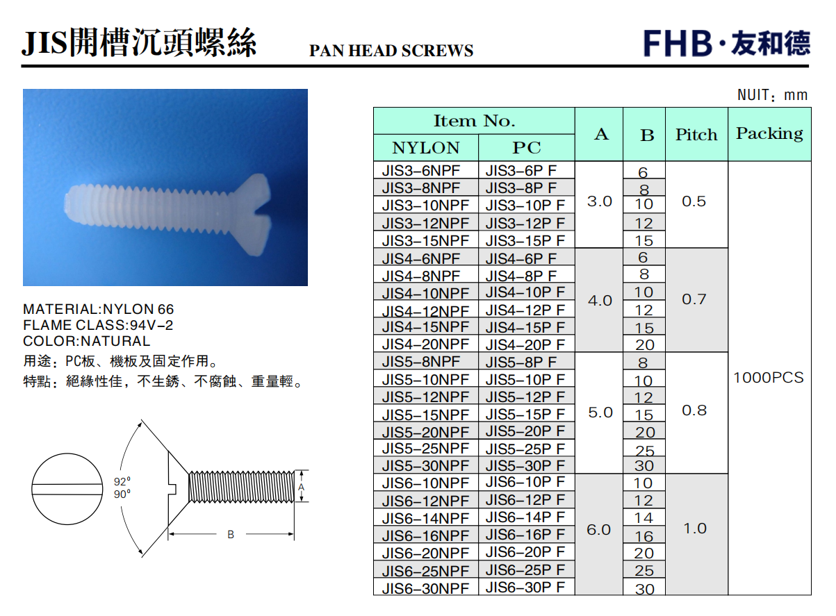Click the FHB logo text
tap(677, 43)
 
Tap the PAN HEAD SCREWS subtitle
tap(391, 51)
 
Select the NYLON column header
tap(426, 148)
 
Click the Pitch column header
tap(696, 135)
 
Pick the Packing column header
tap(769, 134)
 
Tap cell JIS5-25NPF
tap(425, 449)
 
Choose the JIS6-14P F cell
tap(525, 517)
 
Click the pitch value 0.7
tap(694, 299)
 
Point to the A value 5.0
tap(600, 413)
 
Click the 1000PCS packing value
tap(769, 378)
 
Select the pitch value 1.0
tap(694, 528)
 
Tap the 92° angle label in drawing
tap(122, 481)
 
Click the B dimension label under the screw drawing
tap(231, 535)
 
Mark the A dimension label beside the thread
tap(301, 487)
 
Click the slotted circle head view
tap(67, 489)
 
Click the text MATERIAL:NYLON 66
tap(99, 309)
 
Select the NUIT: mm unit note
tap(772, 95)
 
